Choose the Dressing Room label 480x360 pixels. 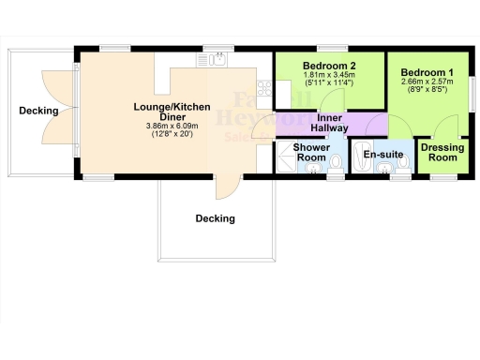(x=439, y=153)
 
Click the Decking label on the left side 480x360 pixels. (x=38, y=111)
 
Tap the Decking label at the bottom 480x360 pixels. (x=215, y=218)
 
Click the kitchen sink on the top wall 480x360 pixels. (x=213, y=61)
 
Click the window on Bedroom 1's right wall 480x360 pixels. (x=471, y=94)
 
